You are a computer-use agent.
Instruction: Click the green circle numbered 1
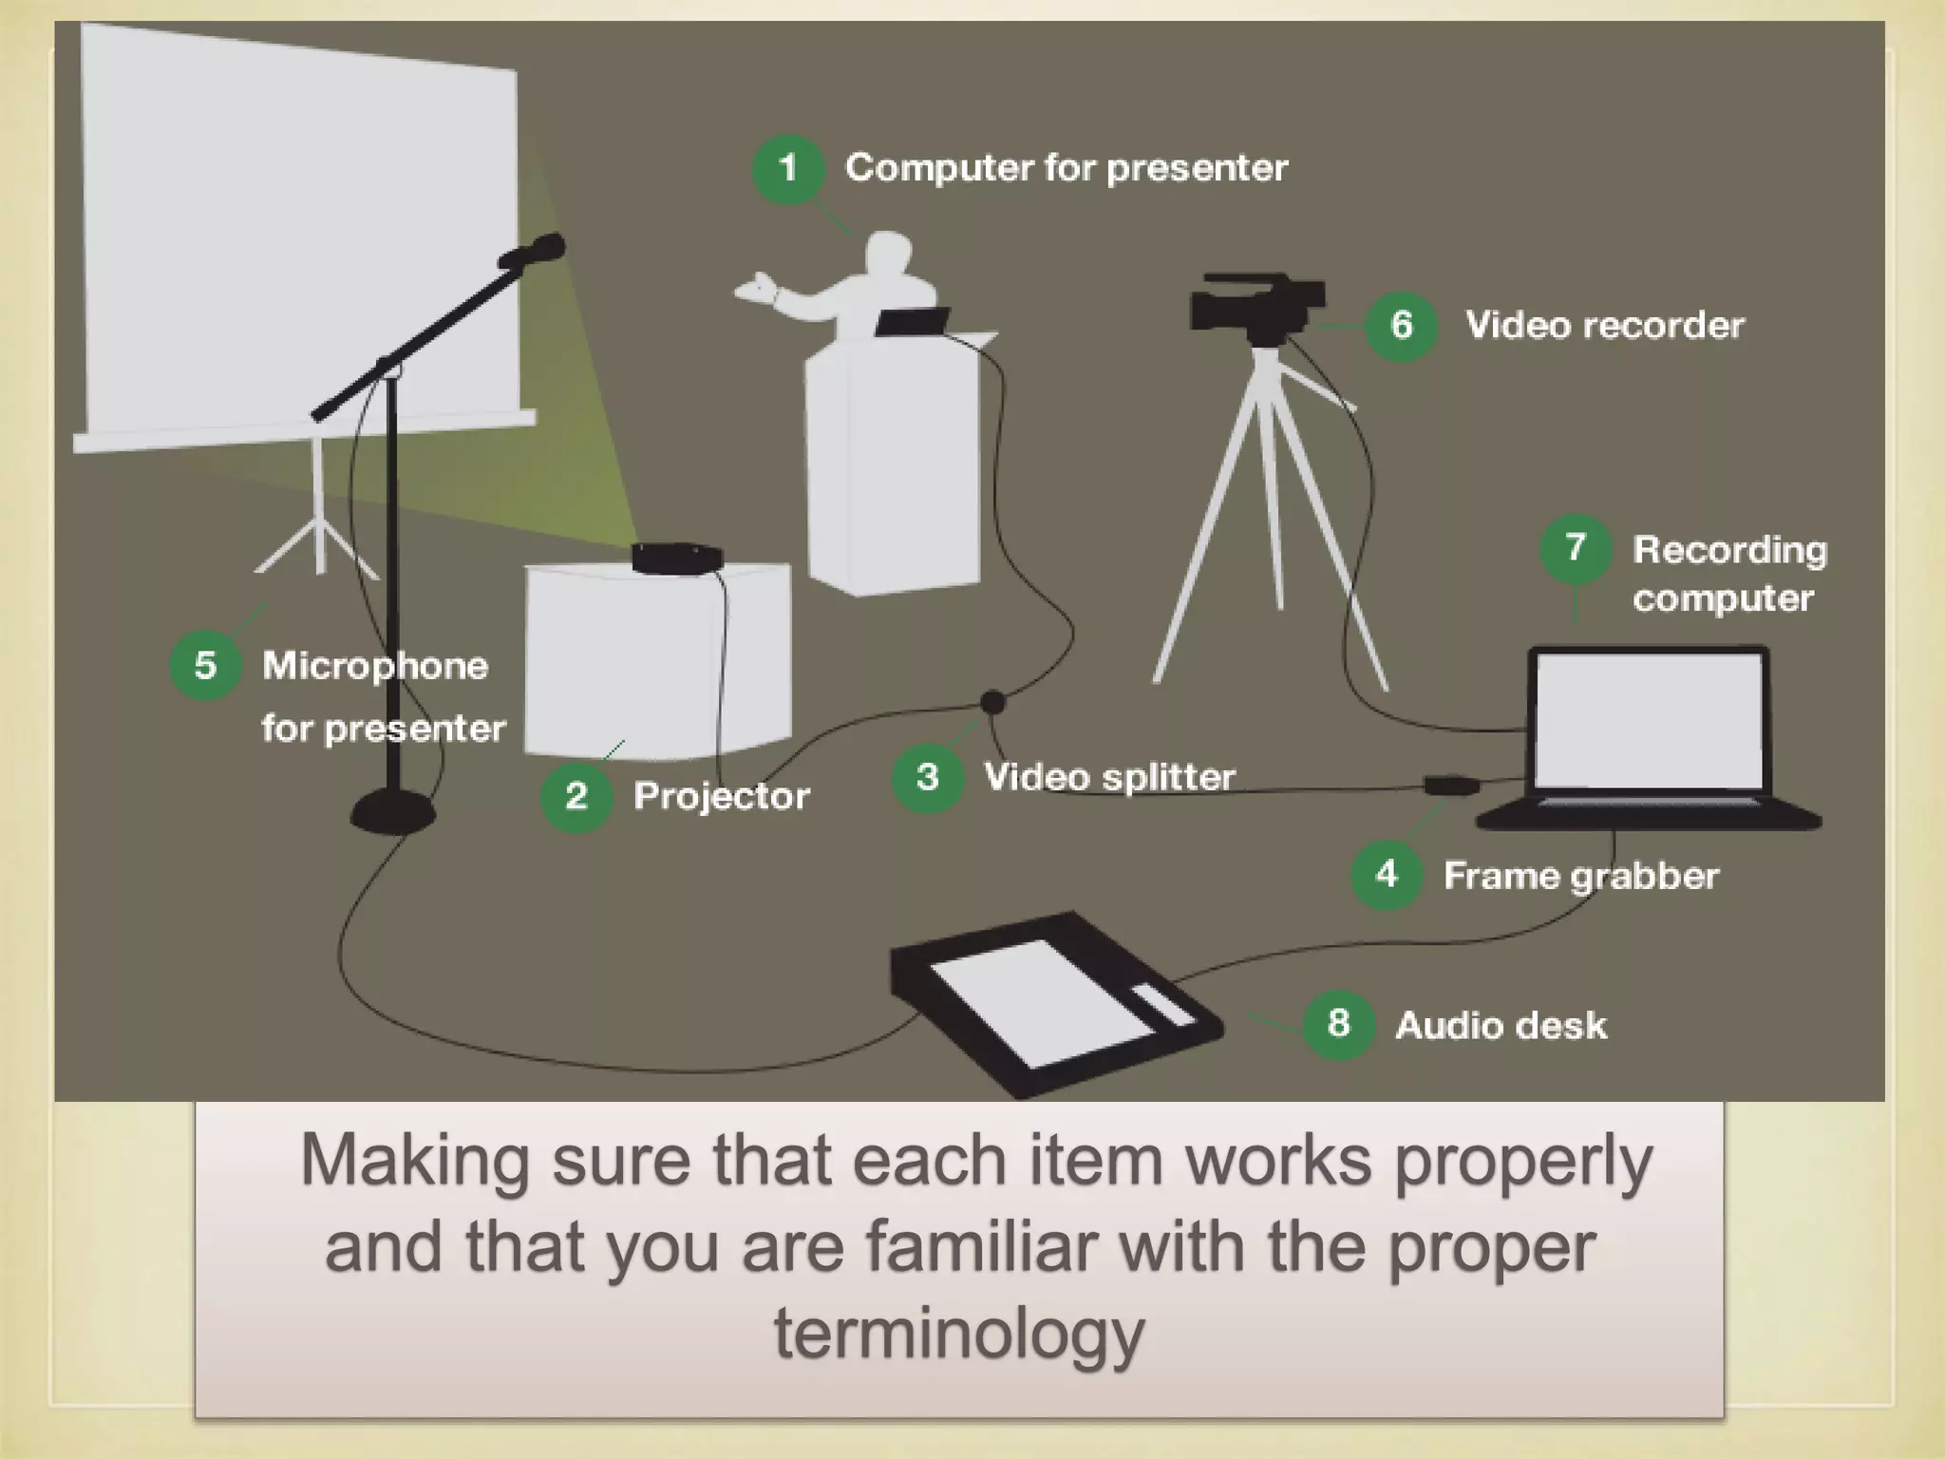(x=787, y=169)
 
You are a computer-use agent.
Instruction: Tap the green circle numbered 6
(x=1401, y=325)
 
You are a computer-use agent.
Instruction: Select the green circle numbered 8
(x=1338, y=1024)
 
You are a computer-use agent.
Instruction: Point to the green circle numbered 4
(x=1386, y=874)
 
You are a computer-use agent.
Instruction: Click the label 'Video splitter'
(x=1109, y=777)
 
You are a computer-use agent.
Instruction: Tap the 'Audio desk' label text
(x=1501, y=1026)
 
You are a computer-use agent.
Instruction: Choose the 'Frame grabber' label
(x=1580, y=876)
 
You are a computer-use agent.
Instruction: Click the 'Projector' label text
(x=721, y=796)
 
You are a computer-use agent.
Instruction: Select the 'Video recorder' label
(x=1604, y=326)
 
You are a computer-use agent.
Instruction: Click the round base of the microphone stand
(x=393, y=813)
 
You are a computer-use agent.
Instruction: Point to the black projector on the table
(x=677, y=558)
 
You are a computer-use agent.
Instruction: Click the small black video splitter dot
(x=992, y=702)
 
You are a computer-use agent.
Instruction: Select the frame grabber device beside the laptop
(x=1451, y=786)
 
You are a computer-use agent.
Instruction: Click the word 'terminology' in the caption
(x=959, y=1333)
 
